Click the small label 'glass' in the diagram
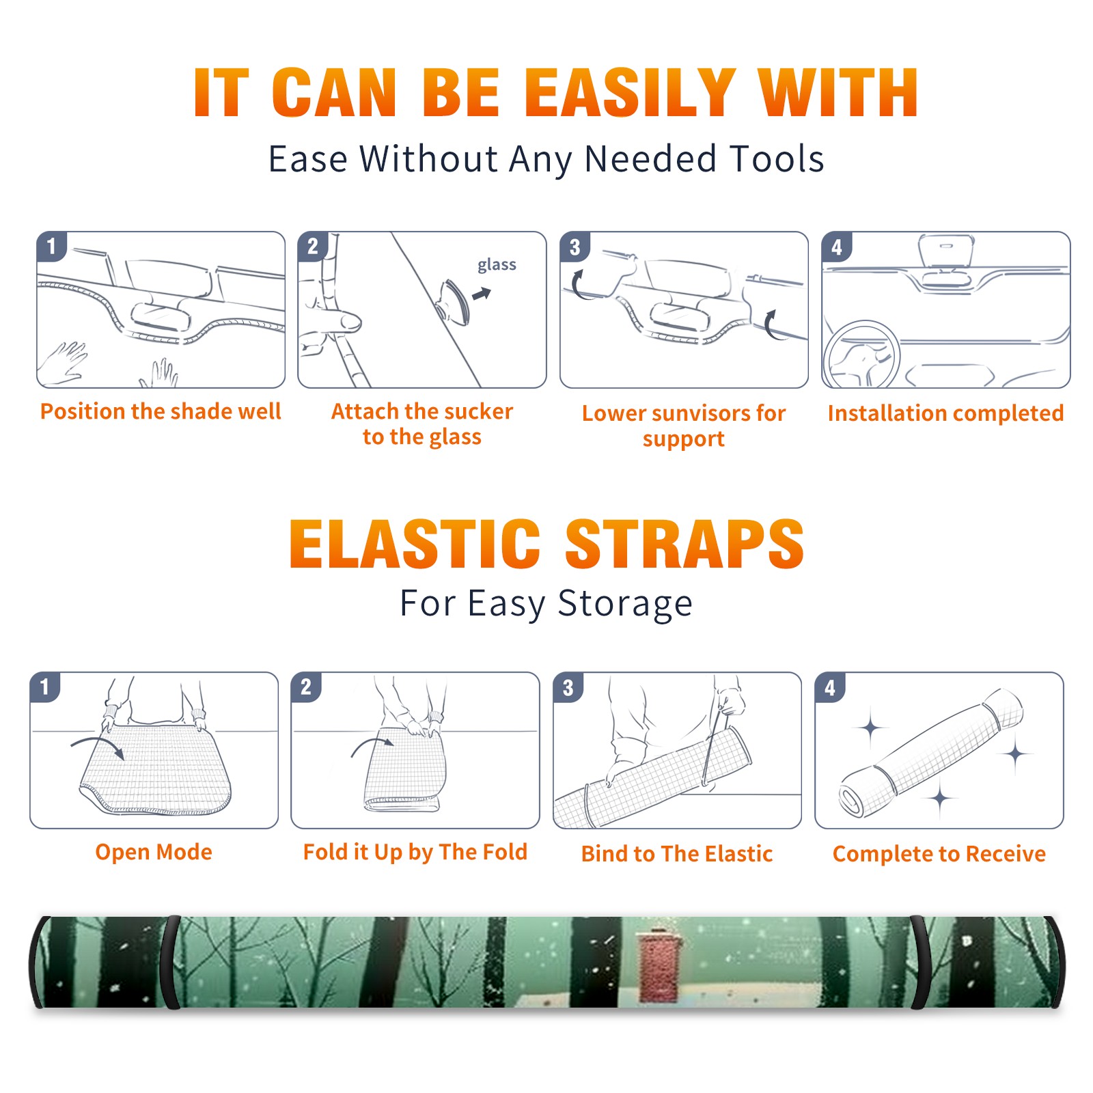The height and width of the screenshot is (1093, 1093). (497, 265)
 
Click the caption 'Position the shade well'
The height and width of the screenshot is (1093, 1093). (161, 411)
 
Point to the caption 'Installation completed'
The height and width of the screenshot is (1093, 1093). (945, 413)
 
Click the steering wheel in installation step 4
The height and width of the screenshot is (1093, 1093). (861, 355)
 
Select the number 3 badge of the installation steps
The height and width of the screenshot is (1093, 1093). (575, 247)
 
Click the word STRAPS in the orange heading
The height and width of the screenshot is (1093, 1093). (684, 544)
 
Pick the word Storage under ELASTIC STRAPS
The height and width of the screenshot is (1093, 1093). (625, 604)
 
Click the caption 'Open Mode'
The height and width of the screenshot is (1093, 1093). (154, 852)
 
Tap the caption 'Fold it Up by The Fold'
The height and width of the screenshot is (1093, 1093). (415, 852)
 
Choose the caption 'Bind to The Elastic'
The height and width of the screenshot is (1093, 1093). (677, 854)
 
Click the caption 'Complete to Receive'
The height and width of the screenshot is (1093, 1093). (939, 854)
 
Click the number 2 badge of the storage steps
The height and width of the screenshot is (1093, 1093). (306, 687)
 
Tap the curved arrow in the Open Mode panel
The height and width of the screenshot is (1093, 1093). (98, 745)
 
